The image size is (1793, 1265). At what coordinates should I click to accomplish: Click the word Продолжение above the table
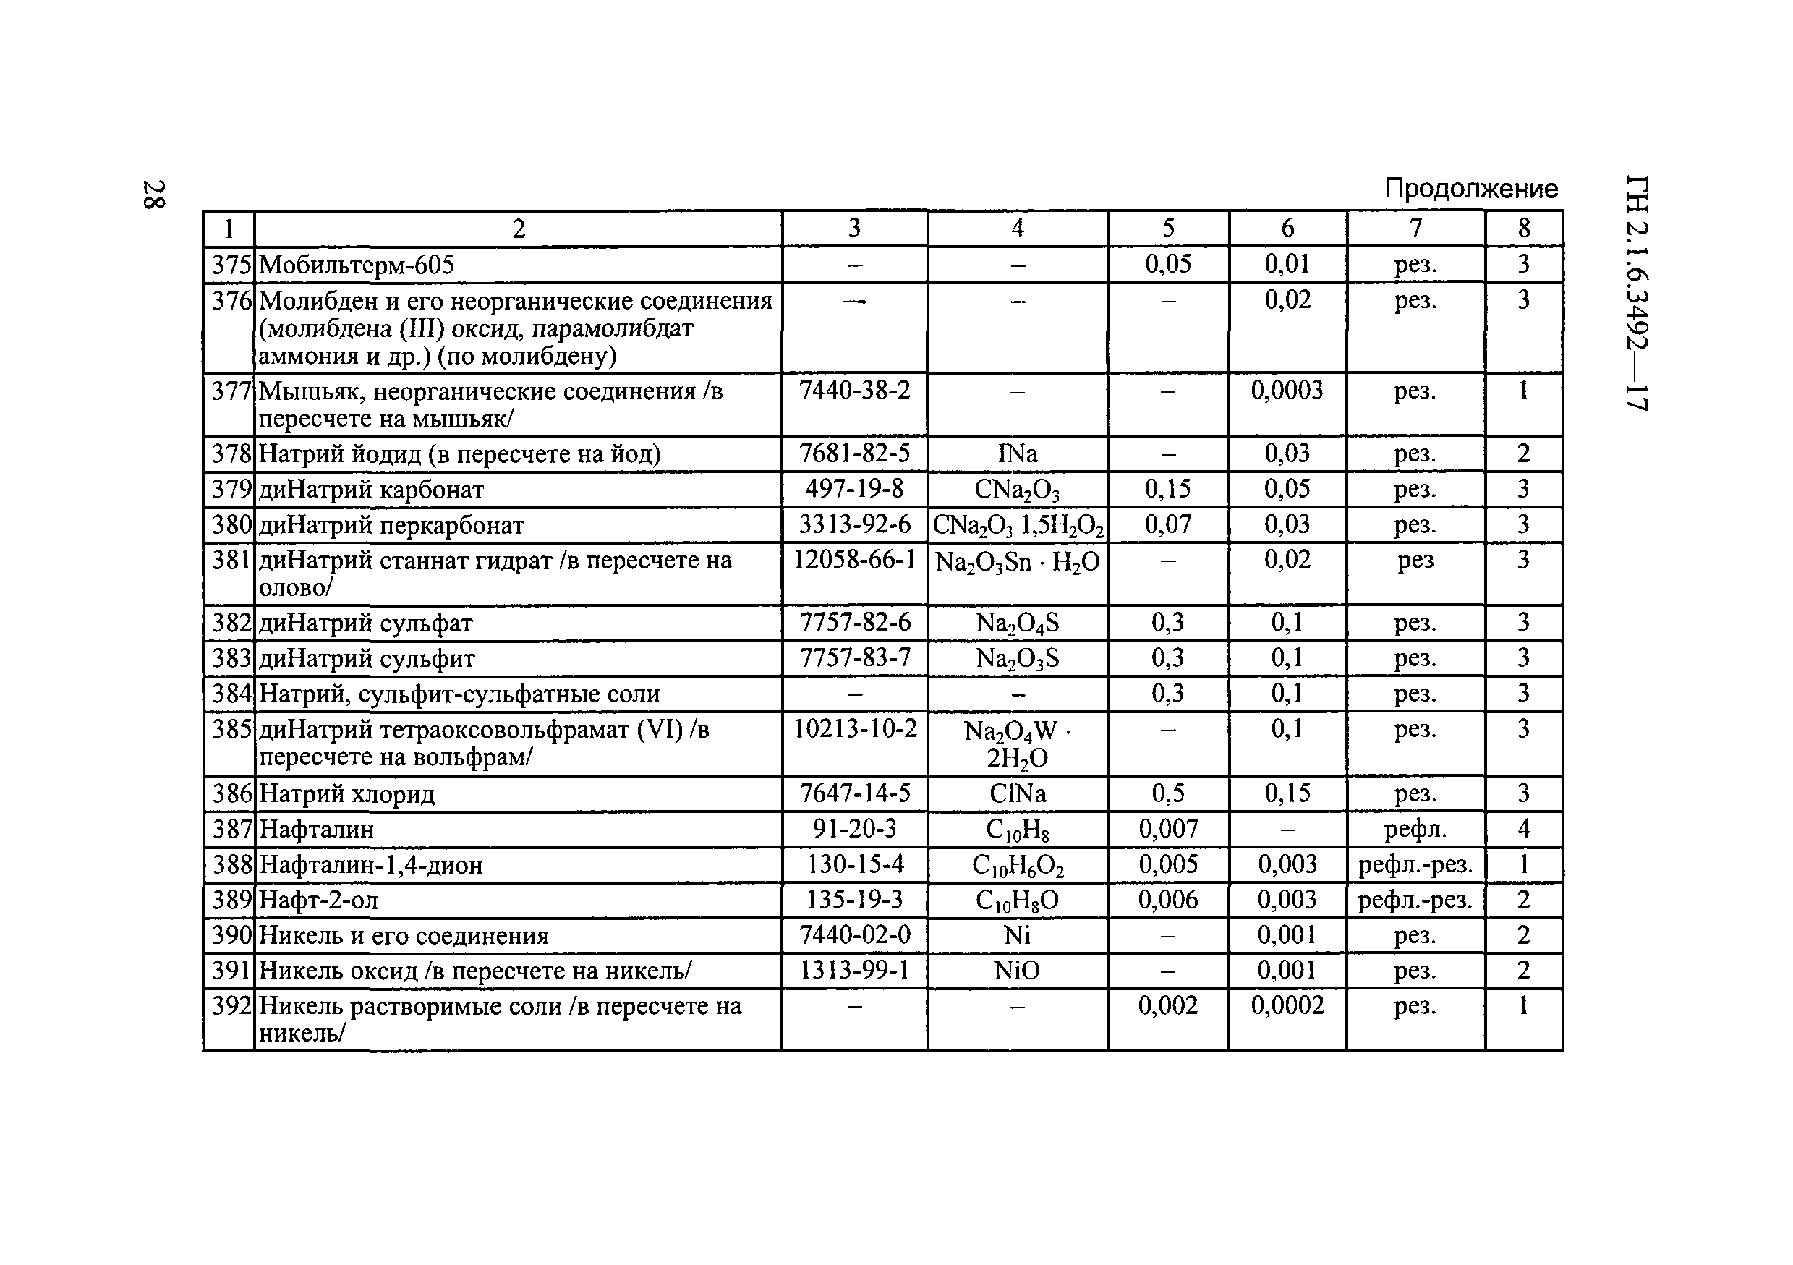(1470, 189)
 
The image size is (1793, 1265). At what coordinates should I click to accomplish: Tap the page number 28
(153, 195)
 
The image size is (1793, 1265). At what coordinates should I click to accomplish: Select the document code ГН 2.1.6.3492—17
(1636, 292)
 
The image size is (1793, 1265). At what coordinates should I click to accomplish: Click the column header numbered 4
(1017, 229)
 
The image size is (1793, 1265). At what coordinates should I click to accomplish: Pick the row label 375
(231, 265)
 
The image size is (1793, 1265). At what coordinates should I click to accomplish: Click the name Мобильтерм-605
(356, 265)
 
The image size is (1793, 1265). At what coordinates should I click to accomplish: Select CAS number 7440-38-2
(854, 390)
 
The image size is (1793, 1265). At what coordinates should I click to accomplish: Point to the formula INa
(1017, 453)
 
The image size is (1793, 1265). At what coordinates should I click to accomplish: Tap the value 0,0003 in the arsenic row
(1287, 390)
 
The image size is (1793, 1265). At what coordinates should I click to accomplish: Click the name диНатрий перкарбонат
(391, 526)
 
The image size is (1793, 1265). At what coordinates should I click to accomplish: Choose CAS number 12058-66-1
(854, 560)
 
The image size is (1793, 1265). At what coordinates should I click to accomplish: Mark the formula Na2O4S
(1017, 623)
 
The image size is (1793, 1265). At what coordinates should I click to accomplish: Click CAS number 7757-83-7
(854, 658)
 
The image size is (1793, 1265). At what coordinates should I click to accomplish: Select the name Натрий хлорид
(346, 794)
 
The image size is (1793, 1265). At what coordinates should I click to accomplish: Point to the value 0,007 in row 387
(1167, 828)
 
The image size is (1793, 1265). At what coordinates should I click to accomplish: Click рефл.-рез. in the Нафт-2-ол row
(1415, 900)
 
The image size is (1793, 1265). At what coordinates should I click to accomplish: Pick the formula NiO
(1017, 971)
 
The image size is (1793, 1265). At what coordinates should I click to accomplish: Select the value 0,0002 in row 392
(1287, 1006)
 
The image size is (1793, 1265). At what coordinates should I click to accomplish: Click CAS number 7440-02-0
(854, 934)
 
